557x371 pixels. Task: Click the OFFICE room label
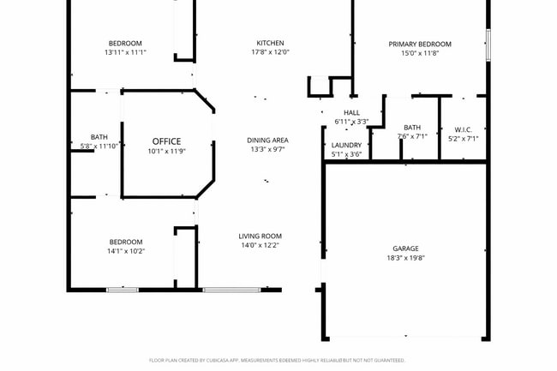click(x=166, y=141)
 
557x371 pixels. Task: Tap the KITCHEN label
click(x=270, y=43)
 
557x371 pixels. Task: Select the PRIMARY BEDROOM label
click(x=419, y=44)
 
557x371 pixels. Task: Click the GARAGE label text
click(x=405, y=248)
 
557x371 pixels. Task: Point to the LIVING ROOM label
click(x=260, y=236)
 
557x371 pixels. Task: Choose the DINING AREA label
click(x=267, y=140)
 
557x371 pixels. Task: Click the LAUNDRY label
click(x=346, y=145)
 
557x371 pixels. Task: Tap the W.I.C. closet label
click(x=463, y=129)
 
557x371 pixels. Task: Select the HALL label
click(x=351, y=112)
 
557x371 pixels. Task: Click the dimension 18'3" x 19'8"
click(x=405, y=258)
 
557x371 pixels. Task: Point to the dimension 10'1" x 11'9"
click(x=166, y=152)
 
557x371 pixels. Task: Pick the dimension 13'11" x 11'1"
click(x=125, y=52)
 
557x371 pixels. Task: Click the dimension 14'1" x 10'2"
click(x=125, y=251)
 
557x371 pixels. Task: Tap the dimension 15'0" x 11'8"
click(x=419, y=53)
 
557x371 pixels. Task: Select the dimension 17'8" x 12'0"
click(x=270, y=52)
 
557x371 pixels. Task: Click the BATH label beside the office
click(x=99, y=136)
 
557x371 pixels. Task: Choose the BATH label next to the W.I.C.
click(x=412, y=127)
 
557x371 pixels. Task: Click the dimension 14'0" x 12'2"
click(x=260, y=245)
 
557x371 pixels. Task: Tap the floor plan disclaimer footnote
click(x=278, y=361)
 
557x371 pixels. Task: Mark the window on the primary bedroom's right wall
click(x=488, y=45)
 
